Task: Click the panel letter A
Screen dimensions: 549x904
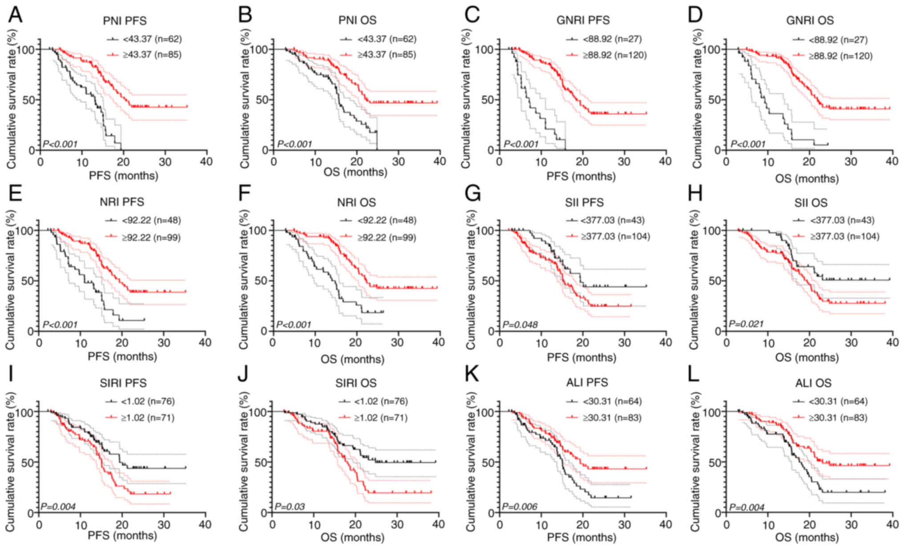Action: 15,15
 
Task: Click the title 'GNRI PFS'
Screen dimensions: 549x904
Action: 583,20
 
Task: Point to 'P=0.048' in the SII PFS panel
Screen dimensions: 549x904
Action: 520,325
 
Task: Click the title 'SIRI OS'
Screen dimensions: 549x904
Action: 356,383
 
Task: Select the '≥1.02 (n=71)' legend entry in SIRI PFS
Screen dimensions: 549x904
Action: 147,418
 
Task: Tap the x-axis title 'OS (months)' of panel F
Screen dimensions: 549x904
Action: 352,359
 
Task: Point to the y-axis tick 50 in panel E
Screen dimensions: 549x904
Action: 27,281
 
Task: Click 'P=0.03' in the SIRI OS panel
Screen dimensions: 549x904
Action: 290,506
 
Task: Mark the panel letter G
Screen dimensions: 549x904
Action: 472,195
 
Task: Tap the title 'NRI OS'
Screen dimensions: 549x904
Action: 356,202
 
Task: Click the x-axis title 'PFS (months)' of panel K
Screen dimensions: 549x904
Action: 581,537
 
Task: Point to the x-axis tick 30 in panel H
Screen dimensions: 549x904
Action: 851,343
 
